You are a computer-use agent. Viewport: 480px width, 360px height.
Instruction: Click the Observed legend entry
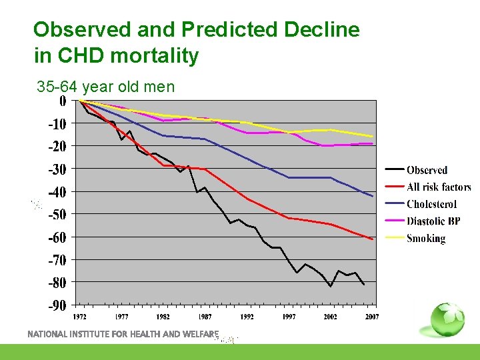click(427, 170)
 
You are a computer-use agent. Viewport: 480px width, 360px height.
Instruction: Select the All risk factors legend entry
click(439, 187)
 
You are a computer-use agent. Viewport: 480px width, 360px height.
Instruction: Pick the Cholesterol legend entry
click(431, 205)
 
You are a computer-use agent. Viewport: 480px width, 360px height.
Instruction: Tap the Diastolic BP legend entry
click(433, 221)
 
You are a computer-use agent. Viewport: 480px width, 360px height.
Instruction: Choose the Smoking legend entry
click(425, 238)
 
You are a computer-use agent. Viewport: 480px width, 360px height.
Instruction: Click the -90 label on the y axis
click(57, 305)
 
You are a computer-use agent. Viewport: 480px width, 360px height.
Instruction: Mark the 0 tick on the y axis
click(62, 101)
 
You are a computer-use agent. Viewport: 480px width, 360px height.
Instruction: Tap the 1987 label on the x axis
click(205, 317)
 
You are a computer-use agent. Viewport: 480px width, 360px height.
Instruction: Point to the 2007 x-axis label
click(372, 317)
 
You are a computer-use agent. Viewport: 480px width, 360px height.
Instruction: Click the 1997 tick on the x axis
click(289, 317)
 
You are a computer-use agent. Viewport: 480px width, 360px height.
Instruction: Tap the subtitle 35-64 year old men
click(105, 87)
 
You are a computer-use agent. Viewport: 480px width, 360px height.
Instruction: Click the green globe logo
click(446, 320)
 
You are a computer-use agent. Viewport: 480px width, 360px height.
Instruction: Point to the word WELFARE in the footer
click(199, 333)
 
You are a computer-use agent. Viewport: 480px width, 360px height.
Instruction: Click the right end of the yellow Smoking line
click(373, 137)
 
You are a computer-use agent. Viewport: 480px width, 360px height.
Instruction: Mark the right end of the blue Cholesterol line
click(373, 196)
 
